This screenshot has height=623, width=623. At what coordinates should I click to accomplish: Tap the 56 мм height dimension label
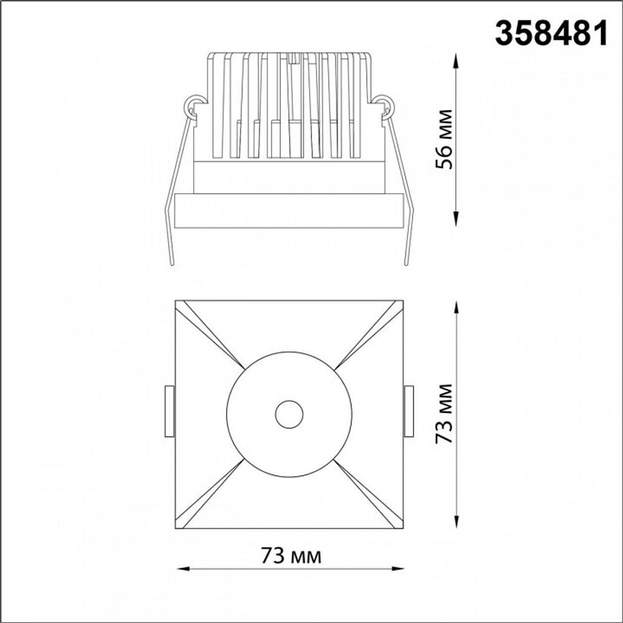tap(444, 140)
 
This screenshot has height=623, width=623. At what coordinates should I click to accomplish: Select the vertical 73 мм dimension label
tap(444, 414)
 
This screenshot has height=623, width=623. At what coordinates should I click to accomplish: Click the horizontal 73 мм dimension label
tap(291, 556)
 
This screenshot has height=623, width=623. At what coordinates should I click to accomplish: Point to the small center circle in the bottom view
tap(289, 414)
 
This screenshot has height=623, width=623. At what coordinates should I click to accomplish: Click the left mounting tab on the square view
tap(169, 412)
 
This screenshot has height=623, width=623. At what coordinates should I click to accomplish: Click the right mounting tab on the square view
tap(409, 412)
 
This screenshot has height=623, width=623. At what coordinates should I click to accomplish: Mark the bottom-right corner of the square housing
tap(402, 528)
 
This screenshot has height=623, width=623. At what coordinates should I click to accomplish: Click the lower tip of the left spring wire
tap(171, 264)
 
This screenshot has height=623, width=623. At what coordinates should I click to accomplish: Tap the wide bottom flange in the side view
tap(289, 211)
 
